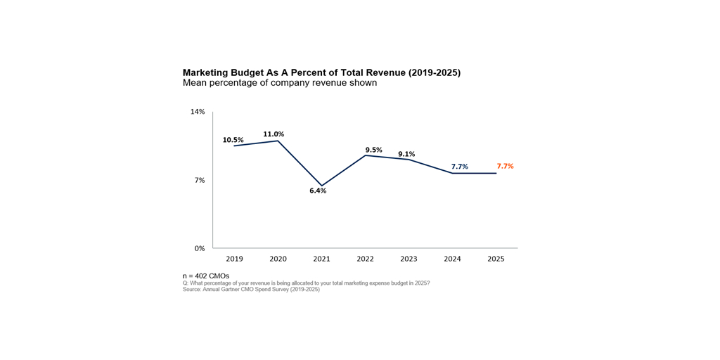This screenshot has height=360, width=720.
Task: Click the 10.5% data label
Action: (x=233, y=140)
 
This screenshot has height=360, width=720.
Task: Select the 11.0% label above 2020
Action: (x=274, y=134)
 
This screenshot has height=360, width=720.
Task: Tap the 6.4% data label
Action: (x=318, y=191)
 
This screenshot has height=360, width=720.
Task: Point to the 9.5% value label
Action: (x=373, y=150)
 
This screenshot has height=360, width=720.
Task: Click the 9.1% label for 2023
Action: (x=406, y=154)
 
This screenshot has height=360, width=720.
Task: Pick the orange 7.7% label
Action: (x=505, y=167)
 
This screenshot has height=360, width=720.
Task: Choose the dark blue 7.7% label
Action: (x=459, y=167)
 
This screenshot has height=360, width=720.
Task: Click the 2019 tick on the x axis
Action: (x=234, y=259)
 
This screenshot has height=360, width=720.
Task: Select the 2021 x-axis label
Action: (x=321, y=259)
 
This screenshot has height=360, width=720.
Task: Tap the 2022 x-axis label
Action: (x=365, y=259)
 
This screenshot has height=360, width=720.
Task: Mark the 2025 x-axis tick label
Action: (x=496, y=259)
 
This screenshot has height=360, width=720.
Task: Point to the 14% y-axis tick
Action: (x=198, y=112)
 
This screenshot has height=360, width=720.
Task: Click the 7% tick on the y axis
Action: (x=200, y=180)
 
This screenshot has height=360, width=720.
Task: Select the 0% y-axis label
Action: (x=200, y=248)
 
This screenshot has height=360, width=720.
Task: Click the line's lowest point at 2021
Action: (x=322, y=186)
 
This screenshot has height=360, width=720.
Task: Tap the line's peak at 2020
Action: (x=278, y=141)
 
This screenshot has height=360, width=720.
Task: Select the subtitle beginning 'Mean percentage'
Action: (x=280, y=83)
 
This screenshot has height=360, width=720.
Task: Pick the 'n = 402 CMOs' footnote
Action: (x=206, y=276)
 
